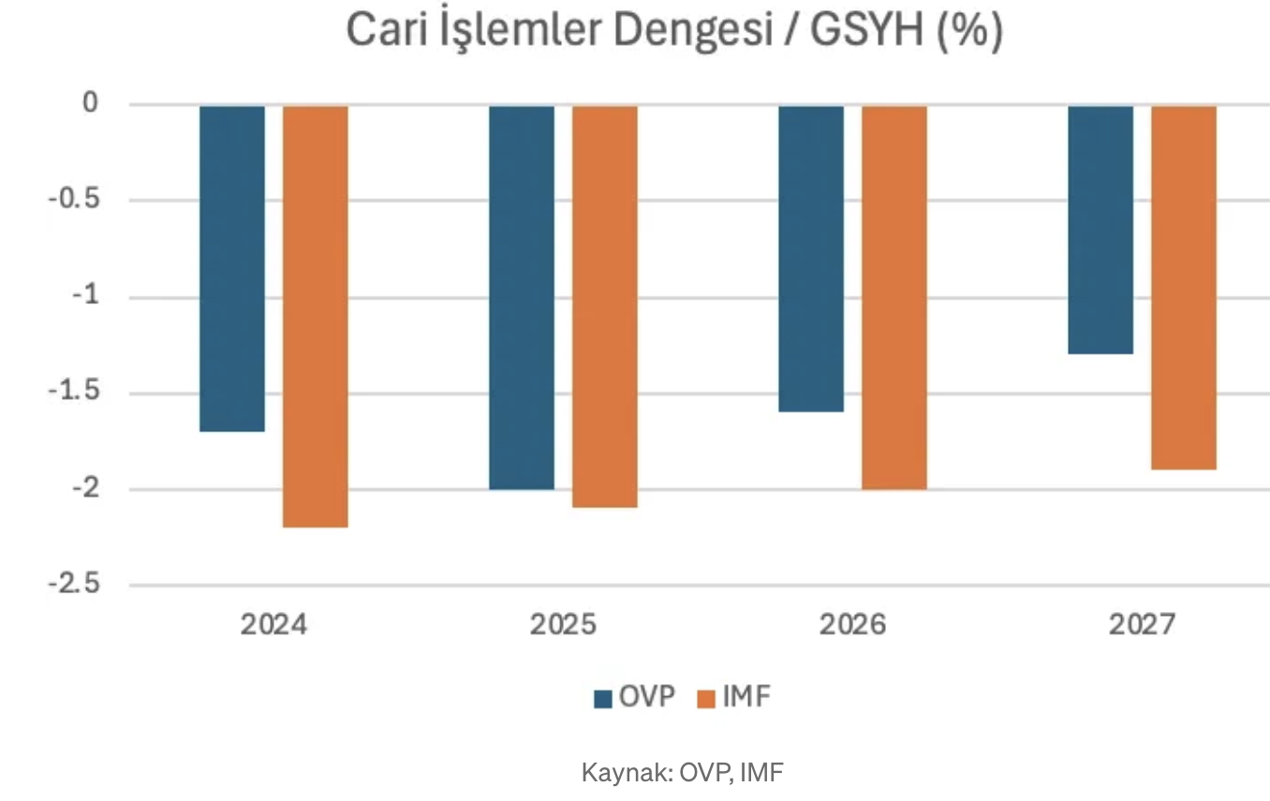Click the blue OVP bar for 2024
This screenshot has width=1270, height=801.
[232, 268]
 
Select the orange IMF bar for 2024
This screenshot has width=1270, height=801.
[316, 315]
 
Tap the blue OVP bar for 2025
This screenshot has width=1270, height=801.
[522, 297]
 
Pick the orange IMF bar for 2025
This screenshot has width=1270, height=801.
[605, 306]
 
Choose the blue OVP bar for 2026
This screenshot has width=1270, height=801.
[811, 258]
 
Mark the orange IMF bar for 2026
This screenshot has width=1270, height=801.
[894, 297]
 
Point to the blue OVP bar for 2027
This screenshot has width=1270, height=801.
[1100, 229]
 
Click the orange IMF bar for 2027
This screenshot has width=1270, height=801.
[1184, 286]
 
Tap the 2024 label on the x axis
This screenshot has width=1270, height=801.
[273, 625]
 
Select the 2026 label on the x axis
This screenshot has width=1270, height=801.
[852, 625]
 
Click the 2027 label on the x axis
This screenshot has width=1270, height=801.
[1142, 625]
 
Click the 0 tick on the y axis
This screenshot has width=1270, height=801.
[91, 103]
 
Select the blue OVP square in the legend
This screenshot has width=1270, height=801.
[603, 699]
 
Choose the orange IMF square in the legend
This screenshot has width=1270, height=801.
[706, 699]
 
